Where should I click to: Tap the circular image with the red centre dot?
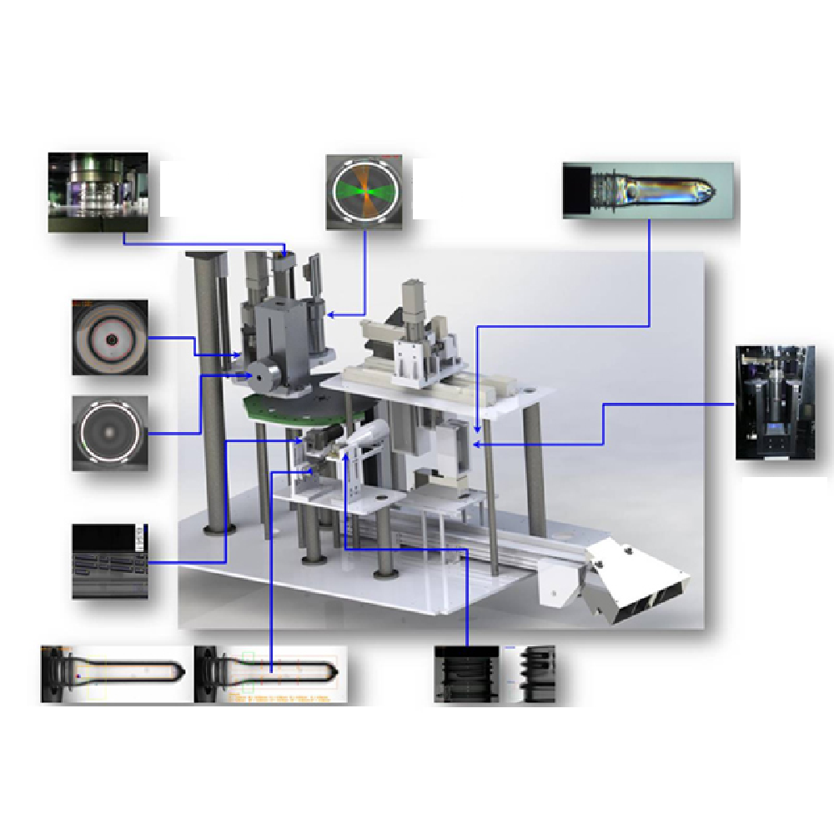point(110,337)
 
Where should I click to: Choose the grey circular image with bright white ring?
point(110,433)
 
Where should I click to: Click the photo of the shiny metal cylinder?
point(98,192)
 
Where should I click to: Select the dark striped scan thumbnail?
point(110,561)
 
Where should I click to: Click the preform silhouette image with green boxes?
point(271,674)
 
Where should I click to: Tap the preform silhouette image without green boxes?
point(117,674)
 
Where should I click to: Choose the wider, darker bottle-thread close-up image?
point(468,673)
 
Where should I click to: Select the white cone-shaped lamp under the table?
point(368,433)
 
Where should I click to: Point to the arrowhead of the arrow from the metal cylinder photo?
point(285,254)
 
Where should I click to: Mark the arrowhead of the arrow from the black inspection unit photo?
point(475,445)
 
